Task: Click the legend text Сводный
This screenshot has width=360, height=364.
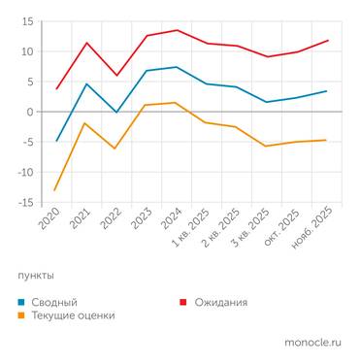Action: [54, 302]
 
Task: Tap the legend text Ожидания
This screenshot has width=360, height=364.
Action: [221, 302]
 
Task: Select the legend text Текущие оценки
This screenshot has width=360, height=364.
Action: [73, 315]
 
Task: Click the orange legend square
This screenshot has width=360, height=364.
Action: [21, 315]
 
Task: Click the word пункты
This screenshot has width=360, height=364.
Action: [36, 276]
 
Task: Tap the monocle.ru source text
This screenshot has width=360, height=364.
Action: [312, 343]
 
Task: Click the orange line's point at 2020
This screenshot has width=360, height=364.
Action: [57, 189]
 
